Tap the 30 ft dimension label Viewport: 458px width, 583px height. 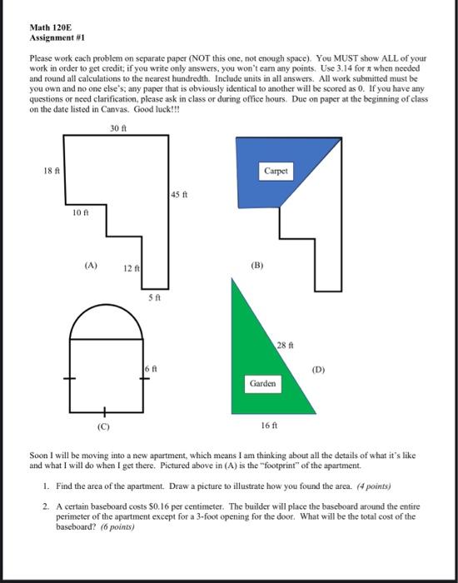point(118,127)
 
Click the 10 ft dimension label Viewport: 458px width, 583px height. point(79,213)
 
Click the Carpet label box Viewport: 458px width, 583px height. point(276,169)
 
